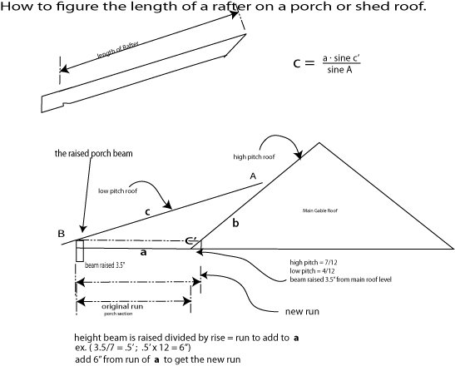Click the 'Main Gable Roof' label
pyautogui.click(x=319, y=210)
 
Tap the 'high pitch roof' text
pyautogui.click(x=254, y=157)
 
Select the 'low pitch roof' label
pyautogui.click(x=117, y=191)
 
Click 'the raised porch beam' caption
pyautogui.click(x=93, y=153)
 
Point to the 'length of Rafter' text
pyautogui.click(x=117, y=49)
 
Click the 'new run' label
pyautogui.click(x=302, y=311)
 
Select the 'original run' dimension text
pyautogui.click(x=122, y=306)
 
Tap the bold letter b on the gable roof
pyautogui.click(x=235, y=223)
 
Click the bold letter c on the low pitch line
pyautogui.click(x=147, y=212)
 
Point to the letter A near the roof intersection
pyautogui.click(x=253, y=176)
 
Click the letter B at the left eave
pyautogui.click(x=62, y=234)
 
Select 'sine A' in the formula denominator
pyautogui.click(x=339, y=70)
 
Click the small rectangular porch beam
pyautogui.click(x=80, y=251)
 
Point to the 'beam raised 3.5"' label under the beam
pyautogui.click(x=105, y=265)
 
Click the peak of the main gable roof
pyautogui.click(x=319, y=142)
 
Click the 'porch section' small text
pyautogui.click(x=118, y=314)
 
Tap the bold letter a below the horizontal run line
pyautogui.click(x=143, y=253)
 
